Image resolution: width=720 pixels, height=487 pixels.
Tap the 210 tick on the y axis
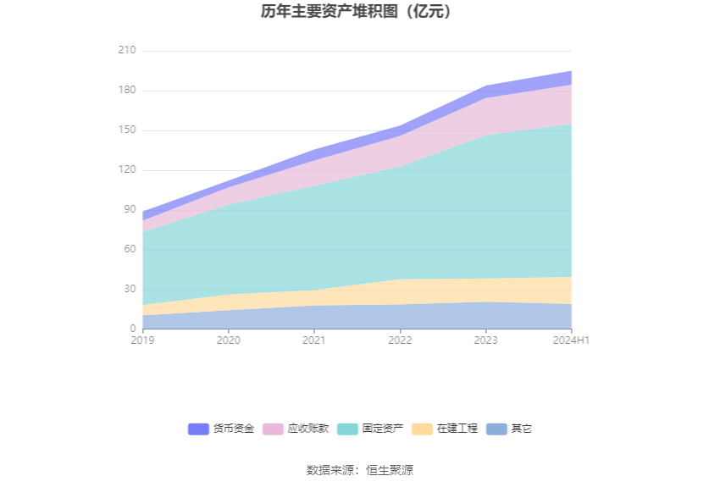126,51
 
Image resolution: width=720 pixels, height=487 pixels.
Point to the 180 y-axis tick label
126,91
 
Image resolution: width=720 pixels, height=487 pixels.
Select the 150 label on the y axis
126,130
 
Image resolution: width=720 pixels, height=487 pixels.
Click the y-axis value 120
126,170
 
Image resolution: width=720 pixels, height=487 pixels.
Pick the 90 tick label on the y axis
129,210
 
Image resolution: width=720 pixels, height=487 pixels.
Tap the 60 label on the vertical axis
129,250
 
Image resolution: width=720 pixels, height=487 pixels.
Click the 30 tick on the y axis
129,289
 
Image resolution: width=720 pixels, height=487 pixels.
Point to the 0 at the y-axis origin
132,329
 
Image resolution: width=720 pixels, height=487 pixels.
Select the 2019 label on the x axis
143,340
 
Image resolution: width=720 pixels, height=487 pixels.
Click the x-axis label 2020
229,340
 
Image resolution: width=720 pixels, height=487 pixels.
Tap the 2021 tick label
314,340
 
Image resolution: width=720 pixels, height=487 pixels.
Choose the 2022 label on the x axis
400,340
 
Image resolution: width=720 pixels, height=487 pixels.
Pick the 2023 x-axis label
485,340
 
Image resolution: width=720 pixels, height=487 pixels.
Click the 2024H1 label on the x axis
571,340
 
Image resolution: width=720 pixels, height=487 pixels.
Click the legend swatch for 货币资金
198,429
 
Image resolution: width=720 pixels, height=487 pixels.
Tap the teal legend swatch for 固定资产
347,429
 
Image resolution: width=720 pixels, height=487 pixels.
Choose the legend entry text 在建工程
457,429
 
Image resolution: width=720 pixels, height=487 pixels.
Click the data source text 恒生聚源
390,471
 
